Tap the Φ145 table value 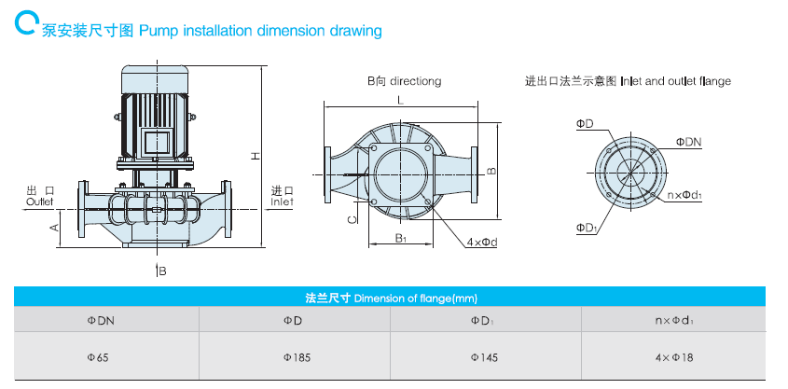coord(484,356)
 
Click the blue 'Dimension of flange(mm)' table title coord(391,299)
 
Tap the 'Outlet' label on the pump coord(40,201)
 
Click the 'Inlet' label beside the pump coord(282,201)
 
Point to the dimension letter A coord(54,227)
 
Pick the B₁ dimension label coord(399,239)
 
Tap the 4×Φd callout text coord(482,243)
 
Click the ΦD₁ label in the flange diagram coord(586,227)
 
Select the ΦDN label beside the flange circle coord(688,142)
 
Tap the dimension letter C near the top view coord(351,220)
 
